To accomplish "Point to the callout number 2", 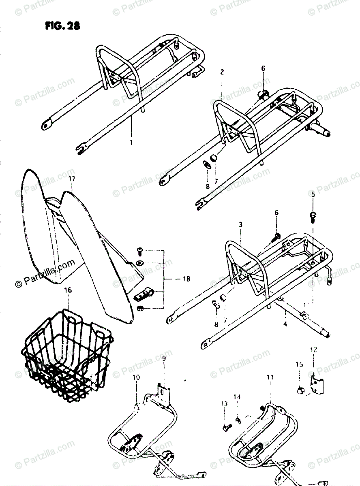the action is [222, 72].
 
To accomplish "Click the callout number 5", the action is [313, 195].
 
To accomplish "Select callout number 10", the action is [136, 377].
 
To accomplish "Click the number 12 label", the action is [313, 350].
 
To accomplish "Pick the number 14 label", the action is [238, 397].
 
